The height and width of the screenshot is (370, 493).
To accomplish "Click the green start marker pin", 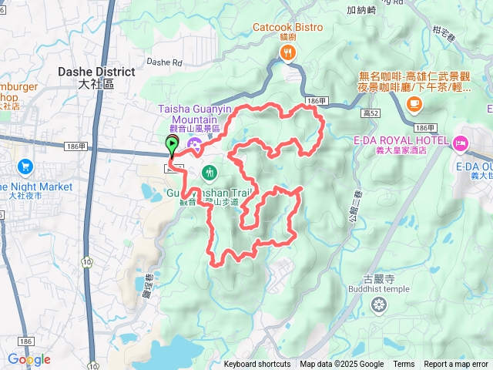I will (x=171, y=144).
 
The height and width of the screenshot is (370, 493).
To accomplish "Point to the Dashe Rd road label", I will (x=163, y=62).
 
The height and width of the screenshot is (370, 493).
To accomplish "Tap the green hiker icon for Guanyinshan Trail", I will (x=209, y=171).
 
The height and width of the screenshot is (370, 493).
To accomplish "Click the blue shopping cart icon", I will (x=25, y=166).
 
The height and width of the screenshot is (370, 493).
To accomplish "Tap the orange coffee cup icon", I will (x=414, y=103).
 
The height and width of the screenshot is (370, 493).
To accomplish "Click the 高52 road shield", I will (x=371, y=113).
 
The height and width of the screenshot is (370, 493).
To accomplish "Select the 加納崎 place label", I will (x=361, y=10).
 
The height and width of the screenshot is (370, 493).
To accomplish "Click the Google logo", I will (x=29, y=359).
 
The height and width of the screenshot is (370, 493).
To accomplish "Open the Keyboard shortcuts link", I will (x=257, y=365).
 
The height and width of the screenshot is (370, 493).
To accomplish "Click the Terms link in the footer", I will (x=404, y=365).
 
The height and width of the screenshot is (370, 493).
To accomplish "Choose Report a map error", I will (x=456, y=365).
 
